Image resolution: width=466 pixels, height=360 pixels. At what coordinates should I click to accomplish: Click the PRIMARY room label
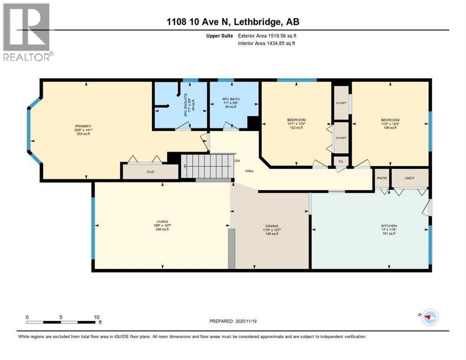coord(83,126)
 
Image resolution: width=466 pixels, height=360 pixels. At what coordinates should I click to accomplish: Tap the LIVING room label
coord(162,221)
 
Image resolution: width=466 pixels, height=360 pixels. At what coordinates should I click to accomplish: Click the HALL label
coord(249,171)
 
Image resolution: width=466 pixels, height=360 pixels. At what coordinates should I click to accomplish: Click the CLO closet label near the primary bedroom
coord(150,172)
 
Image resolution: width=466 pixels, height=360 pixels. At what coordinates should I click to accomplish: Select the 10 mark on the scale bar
coord(96,317)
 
